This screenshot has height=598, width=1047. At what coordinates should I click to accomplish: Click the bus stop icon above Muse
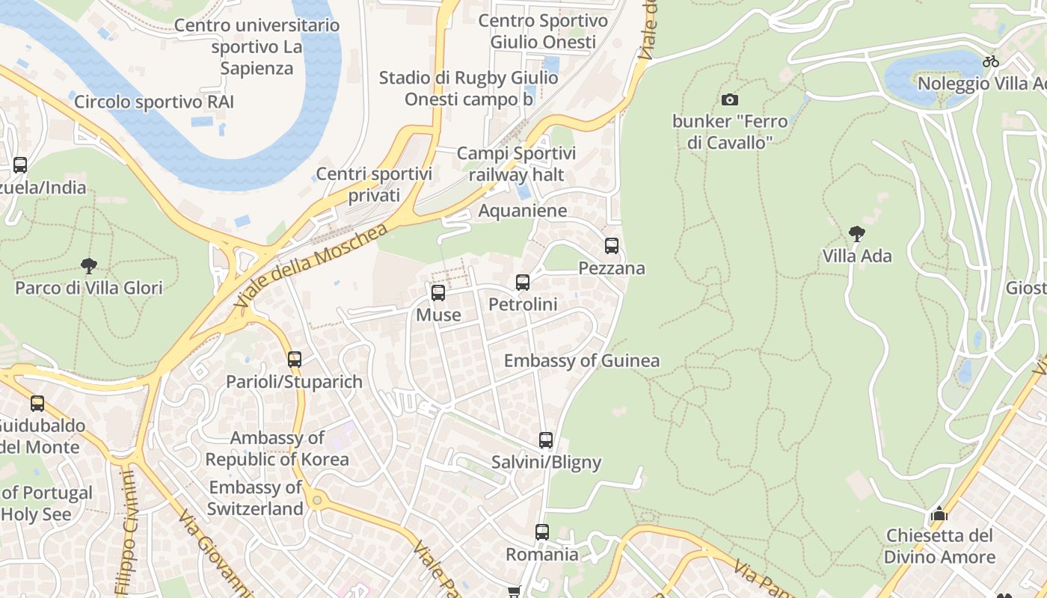[438, 292]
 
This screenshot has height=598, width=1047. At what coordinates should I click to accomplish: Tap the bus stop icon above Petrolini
[523, 282]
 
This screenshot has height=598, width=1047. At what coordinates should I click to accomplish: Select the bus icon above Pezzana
[612, 245]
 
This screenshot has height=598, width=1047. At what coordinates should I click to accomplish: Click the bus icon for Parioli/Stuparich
[295, 359]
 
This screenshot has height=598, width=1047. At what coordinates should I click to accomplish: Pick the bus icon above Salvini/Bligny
[546, 440]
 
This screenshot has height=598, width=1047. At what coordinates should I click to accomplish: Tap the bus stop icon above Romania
[542, 531]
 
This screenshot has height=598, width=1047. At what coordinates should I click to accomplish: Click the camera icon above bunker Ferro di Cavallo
[730, 99]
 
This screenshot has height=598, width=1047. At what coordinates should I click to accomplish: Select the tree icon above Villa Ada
[857, 234]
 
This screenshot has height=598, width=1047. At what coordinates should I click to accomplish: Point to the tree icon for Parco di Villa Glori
[89, 265]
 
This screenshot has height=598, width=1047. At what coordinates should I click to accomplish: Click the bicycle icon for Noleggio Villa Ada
[991, 61]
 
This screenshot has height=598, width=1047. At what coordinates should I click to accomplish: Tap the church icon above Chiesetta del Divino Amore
[939, 514]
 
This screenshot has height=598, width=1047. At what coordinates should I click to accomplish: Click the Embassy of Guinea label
[582, 361]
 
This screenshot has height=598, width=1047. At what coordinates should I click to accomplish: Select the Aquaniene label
[523, 211]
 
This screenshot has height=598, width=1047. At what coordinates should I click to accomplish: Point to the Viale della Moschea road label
[310, 267]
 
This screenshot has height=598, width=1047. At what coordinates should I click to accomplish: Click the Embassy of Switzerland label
[256, 499]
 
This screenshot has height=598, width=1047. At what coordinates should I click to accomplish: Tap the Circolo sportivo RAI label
[154, 102]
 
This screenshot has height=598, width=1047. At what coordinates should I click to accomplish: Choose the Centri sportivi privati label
[374, 185]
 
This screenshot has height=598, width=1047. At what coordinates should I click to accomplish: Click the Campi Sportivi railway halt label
[516, 164]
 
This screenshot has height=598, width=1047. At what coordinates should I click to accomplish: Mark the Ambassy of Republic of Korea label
[277, 449]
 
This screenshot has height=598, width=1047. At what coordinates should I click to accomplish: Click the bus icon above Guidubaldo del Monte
[37, 404]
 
